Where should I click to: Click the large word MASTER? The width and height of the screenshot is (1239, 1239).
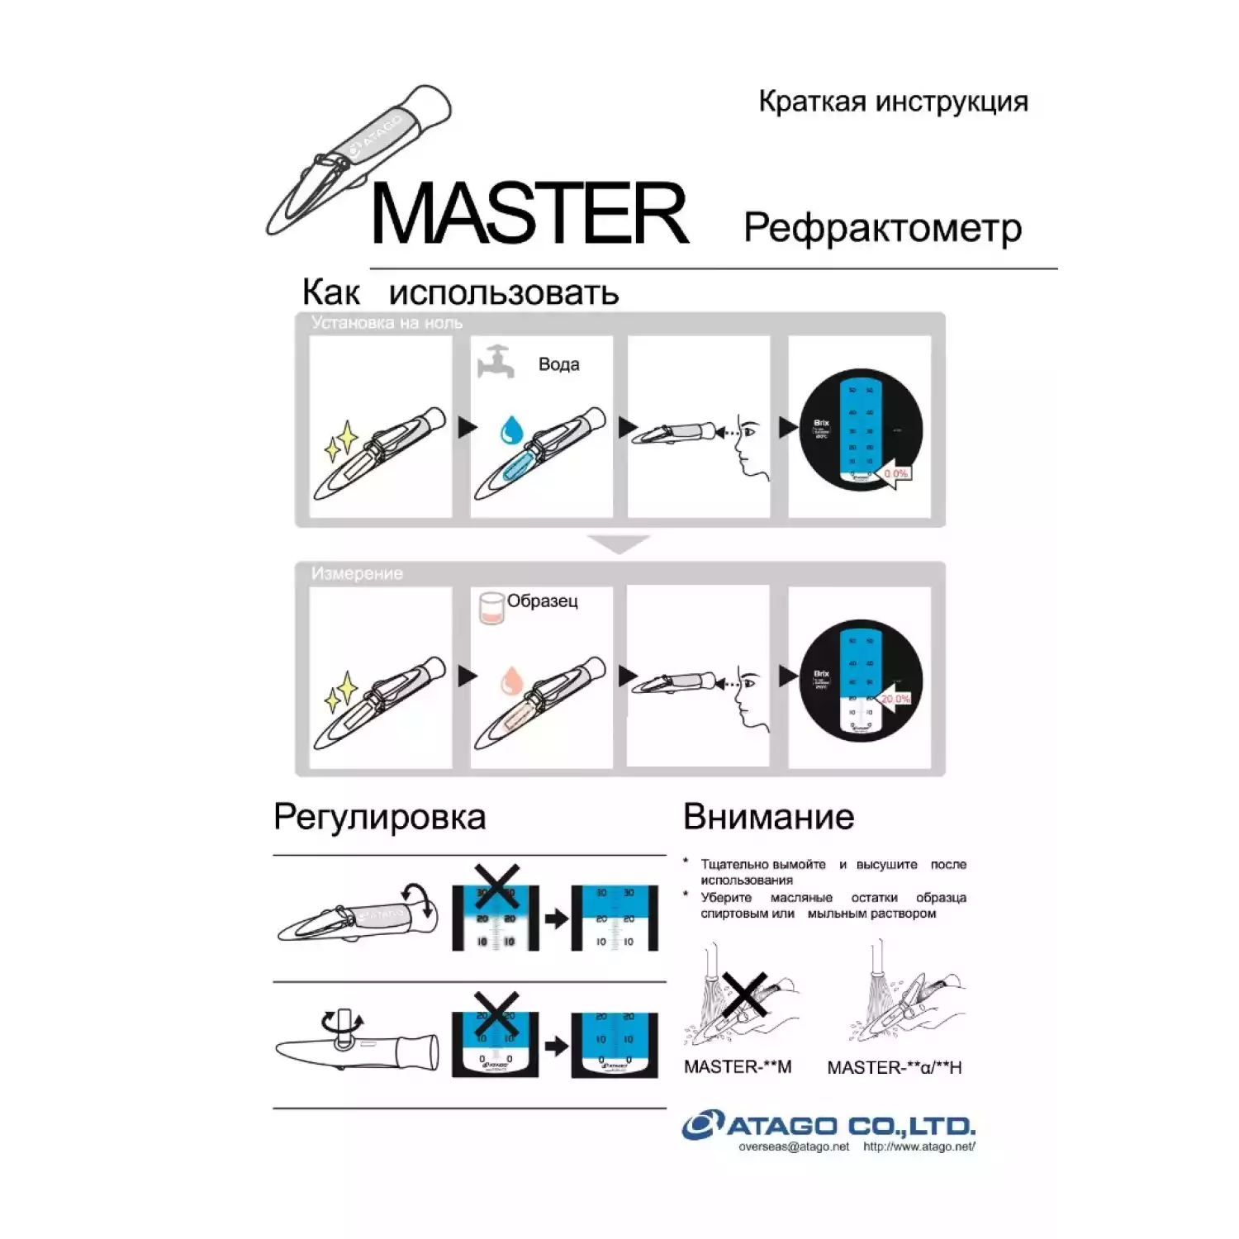coord(529,215)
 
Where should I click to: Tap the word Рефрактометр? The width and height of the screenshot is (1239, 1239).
coord(882,228)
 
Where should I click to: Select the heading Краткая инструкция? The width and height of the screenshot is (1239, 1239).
coord(893,102)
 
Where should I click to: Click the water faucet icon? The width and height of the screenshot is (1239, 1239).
coord(496,362)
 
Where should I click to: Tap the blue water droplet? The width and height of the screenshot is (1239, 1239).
coord(512,430)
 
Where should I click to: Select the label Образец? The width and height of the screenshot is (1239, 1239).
coord(542,601)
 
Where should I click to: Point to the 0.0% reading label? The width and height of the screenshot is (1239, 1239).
coord(895,474)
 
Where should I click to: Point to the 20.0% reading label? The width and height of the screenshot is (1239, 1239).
coord(895,699)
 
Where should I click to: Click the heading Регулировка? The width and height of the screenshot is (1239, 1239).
coord(379,817)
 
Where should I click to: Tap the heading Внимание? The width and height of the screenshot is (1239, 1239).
coord(768,817)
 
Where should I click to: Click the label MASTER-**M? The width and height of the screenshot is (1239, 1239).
coord(737,1067)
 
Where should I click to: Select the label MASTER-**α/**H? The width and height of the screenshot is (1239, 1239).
coord(894,1068)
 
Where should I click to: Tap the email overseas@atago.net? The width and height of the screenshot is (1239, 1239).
coord(793,1146)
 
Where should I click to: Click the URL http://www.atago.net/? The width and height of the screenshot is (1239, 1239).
coord(919,1146)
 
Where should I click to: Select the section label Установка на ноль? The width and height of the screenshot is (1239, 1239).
coord(387,323)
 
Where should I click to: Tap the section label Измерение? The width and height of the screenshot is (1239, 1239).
coord(357,573)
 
